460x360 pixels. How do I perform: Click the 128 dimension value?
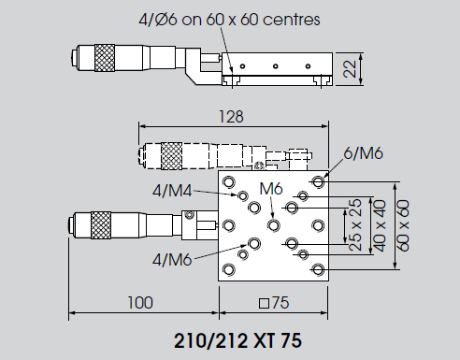(231, 117)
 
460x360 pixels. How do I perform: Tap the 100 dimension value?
(140, 303)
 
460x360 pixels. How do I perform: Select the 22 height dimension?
(350, 69)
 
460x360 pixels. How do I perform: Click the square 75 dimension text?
(274, 303)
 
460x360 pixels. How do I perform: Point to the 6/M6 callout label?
(363, 153)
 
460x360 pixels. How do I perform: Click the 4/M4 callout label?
(172, 191)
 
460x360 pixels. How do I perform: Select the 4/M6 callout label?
(172, 259)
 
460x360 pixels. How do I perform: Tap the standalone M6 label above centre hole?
(271, 189)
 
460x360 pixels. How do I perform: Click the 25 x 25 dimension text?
(355, 224)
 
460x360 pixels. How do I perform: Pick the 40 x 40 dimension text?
(380, 225)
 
